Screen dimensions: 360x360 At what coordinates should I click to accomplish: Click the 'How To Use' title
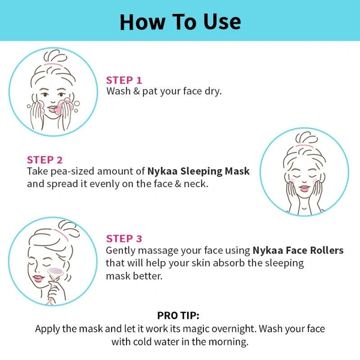pos(180,22)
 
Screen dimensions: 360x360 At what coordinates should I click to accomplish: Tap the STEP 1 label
pos(124,80)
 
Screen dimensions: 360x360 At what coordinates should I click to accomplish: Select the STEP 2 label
pos(45,160)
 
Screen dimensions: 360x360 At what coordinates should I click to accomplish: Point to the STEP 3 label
pos(124,239)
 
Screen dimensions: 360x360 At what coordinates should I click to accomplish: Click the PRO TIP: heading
pos(178,316)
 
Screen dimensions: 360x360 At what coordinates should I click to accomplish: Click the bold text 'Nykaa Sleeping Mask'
pos(199,171)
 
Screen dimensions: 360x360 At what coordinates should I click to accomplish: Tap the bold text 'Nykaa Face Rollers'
pos(298,250)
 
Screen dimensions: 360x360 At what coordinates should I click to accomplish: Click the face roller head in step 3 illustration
pos(55,271)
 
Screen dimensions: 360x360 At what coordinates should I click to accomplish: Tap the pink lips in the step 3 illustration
pos(38,278)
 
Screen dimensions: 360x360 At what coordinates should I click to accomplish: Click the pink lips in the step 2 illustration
pos(304,189)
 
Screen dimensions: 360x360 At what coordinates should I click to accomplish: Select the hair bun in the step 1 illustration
pos(55,56)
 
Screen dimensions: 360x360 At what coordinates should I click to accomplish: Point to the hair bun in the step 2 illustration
pos(307,138)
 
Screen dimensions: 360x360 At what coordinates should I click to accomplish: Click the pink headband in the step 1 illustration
pos(53,65)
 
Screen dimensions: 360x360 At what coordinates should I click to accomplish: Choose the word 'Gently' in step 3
pos(121,251)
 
